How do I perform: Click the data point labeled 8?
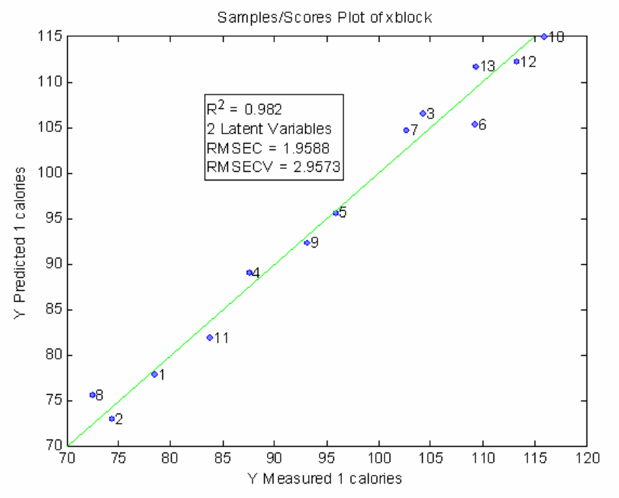92,395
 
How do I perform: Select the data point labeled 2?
112,419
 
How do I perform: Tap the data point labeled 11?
209,337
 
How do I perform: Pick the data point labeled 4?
249,273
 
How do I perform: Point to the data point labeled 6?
475,124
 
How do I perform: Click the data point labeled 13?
475,66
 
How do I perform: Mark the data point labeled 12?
517,61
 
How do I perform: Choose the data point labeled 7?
406,130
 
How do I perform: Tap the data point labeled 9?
307,243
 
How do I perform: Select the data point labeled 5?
335,213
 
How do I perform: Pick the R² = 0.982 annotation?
234,110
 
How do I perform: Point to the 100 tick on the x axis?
379,459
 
